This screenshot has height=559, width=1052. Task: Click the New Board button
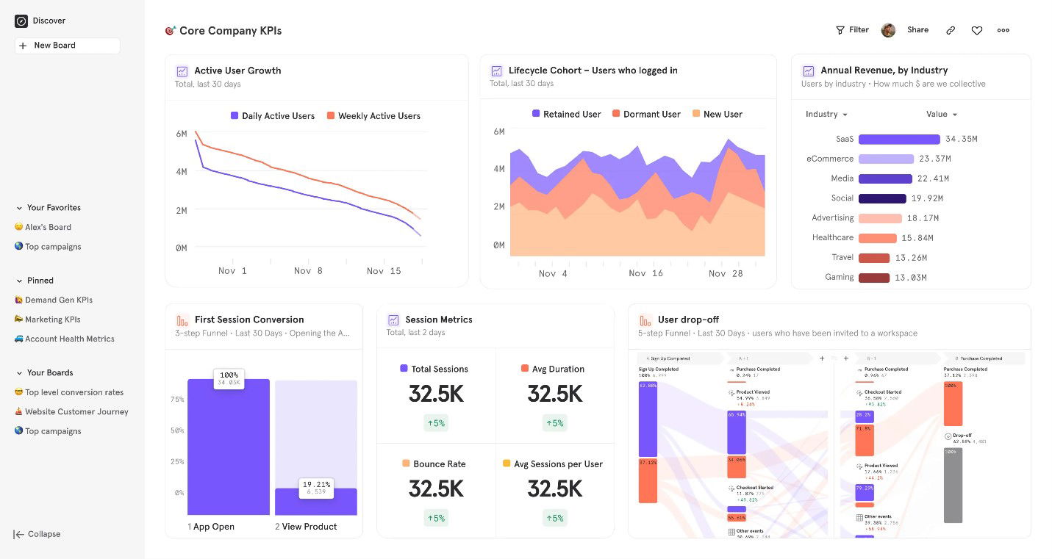[67, 46]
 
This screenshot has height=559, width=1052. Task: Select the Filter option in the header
[852, 30]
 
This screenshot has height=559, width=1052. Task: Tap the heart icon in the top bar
[976, 31]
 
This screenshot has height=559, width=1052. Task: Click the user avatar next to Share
[888, 30]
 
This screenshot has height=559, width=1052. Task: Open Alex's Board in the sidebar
[48, 228]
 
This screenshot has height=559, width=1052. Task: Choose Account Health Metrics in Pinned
[69, 339]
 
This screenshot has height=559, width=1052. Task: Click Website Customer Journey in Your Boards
[76, 412]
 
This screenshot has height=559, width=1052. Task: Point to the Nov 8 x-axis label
[308, 271]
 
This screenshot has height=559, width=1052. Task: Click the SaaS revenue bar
[898, 140]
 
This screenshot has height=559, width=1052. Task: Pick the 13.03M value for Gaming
[911, 278]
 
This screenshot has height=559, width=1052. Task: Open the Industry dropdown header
[826, 115]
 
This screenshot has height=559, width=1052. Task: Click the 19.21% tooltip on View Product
[316, 488]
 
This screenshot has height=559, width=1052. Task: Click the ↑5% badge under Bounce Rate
[436, 518]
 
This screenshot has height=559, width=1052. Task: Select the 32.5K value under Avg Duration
[554, 394]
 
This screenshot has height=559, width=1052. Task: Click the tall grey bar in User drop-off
[953, 485]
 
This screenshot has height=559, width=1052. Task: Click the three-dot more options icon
[1003, 31]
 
